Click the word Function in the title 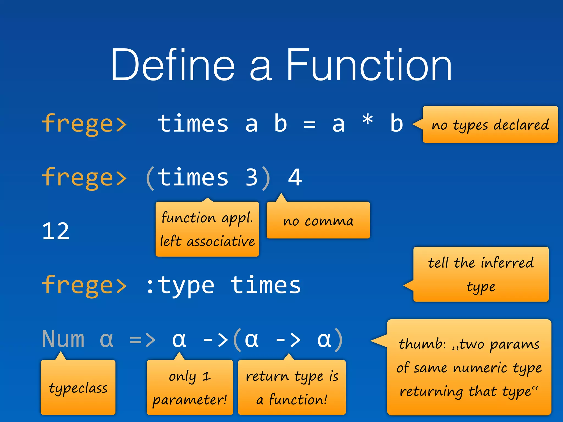[x=369, y=65]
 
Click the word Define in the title [x=173, y=65]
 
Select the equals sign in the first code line [x=310, y=124]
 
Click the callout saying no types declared [x=490, y=125]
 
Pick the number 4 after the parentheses [x=295, y=177]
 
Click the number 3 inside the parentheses [x=252, y=177]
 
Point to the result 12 [x=56, y=231]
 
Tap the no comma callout [x=318, y=220]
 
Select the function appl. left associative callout [x=207, y=229]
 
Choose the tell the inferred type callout [x=481, y=274]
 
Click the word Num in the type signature [x=63, y=339]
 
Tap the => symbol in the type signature [x=142, y=340]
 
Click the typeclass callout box [x=78, y=387]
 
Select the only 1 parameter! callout [x=190, y=387]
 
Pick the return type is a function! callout [x=292, y=387]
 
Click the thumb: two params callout [x=469, y=367]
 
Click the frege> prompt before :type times [x=84, y=286]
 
